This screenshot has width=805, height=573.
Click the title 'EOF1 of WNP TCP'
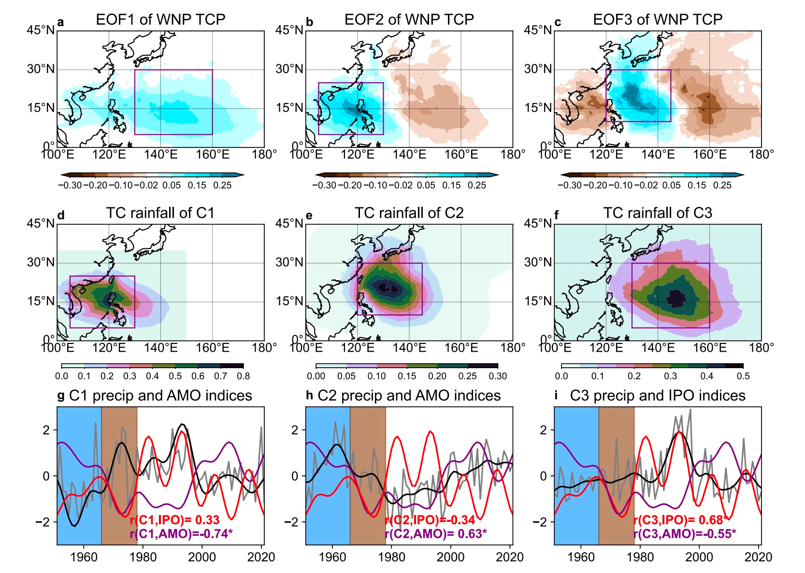point(160,19)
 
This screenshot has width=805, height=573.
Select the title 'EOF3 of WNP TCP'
point(658,19)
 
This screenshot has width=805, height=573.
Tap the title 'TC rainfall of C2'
point(409,213)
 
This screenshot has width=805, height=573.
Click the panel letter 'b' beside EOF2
point(310,22)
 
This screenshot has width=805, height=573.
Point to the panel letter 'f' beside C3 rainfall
point(557,215)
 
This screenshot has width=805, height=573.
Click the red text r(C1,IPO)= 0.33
point(174,520)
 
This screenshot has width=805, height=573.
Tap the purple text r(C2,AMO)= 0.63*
point(436,534)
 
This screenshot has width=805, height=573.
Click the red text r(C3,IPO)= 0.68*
point(681,520)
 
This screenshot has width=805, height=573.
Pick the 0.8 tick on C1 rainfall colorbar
point(244,376)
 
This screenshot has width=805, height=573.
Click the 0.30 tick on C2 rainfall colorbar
point(498,376)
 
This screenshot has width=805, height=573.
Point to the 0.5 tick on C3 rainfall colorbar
point(743,376)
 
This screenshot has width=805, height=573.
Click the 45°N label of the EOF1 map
point(41,30)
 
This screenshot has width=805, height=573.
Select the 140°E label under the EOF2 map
point(409,155)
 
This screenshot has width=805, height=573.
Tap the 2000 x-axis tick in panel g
point(202,557)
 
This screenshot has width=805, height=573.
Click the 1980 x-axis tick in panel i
point(640,557)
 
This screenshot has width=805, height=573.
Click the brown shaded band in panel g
point(119,475)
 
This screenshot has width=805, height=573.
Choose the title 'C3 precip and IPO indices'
point(658,396)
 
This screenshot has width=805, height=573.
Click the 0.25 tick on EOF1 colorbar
point(222,186)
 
